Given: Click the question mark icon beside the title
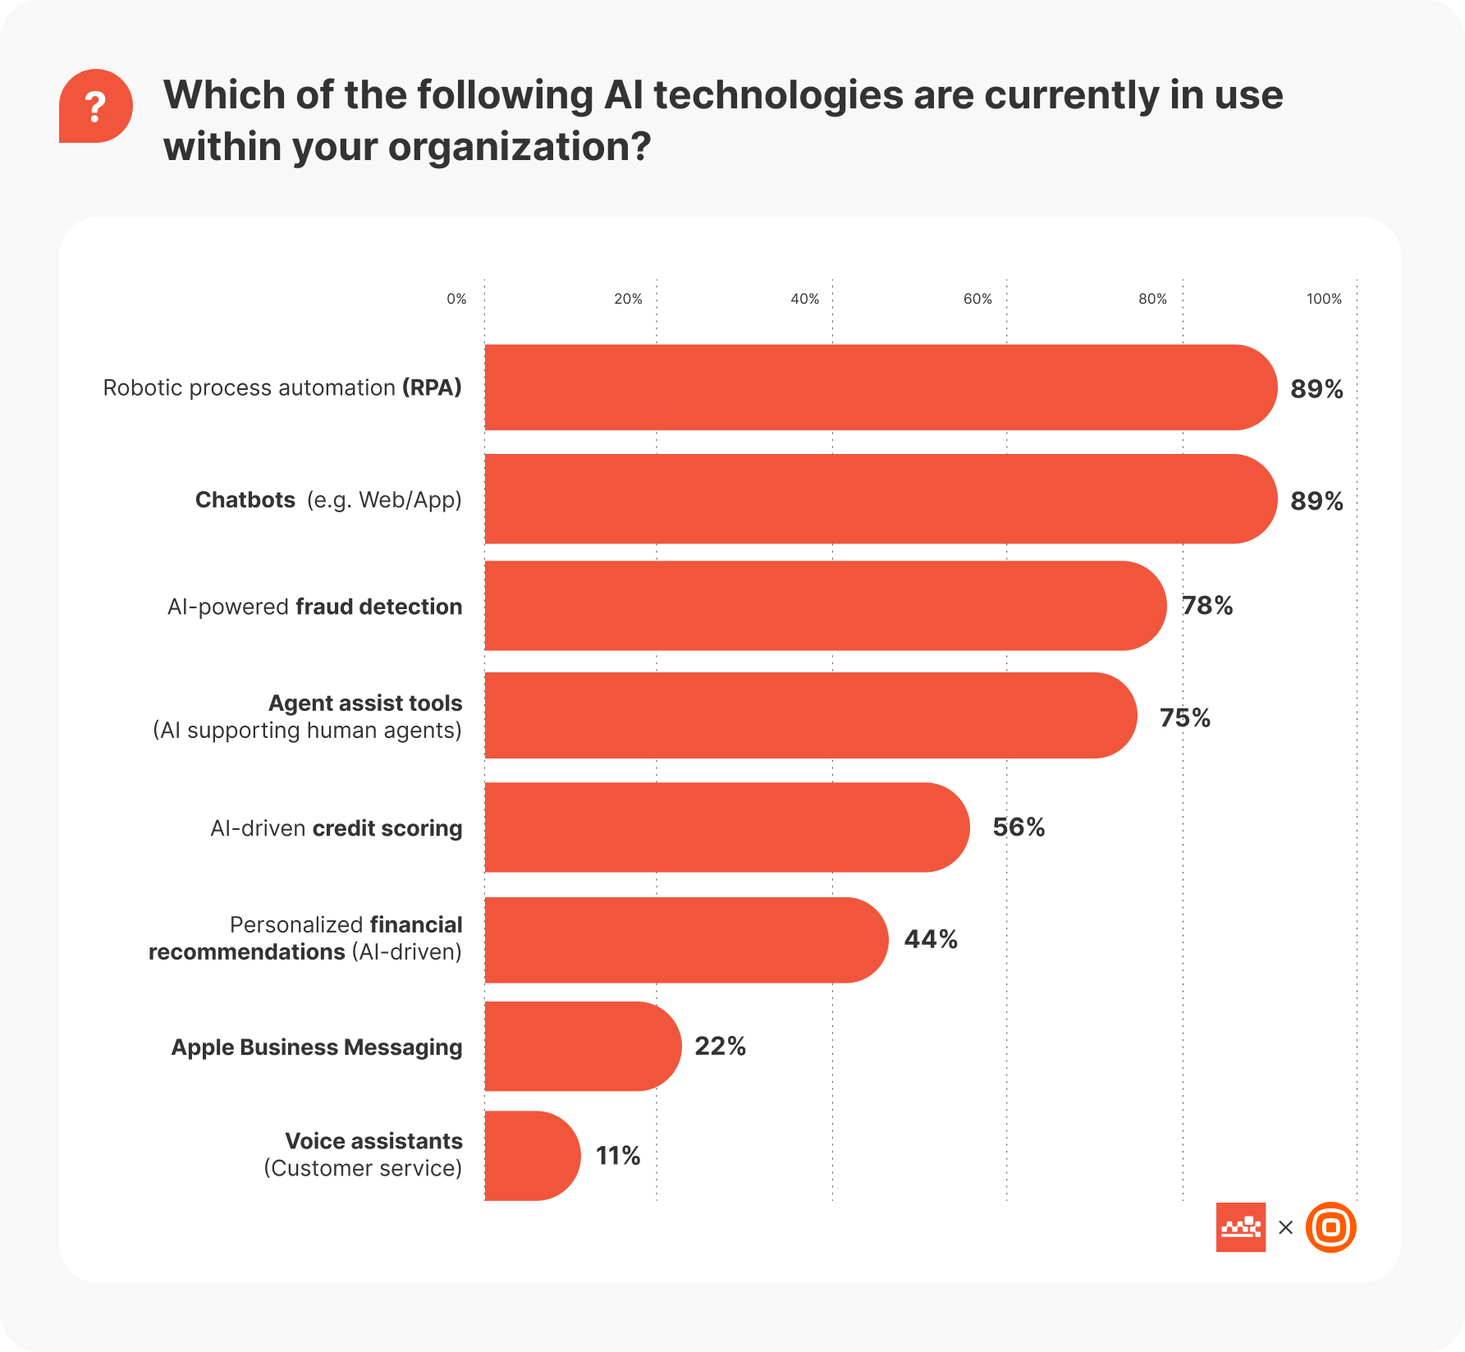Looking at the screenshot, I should tap(95, 107).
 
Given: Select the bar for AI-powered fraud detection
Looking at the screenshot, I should tap(824, 606).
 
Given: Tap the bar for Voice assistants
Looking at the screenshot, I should tap(532, 1156).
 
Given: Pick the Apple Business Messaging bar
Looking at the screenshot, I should tap(582, 1047).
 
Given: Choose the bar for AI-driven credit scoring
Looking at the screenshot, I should tap(726, 827).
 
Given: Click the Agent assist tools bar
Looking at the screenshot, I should tap(810, 716).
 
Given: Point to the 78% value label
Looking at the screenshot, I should tap(1207, 606).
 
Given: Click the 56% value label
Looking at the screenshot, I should tap(1019, 827).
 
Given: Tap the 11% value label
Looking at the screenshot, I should tap(618, 1156).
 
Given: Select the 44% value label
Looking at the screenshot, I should tap(931, 939).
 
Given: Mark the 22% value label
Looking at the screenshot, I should tap(720, 1047).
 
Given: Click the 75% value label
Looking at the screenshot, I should tap(1185, 718).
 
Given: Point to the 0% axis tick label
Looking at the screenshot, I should tap(456, 299).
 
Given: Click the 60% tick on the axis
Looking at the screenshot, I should tap(977, 299).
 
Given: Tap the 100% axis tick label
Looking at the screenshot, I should tap(1324, 299).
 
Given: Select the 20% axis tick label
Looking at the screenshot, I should tap(628, 299).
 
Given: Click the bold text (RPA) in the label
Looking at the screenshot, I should tap(432, 387).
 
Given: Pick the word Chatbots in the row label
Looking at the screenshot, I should tap(245, 500).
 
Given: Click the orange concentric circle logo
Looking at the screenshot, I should tap(1330, 1227).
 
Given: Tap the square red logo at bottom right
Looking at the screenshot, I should tap(1240, 1227).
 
